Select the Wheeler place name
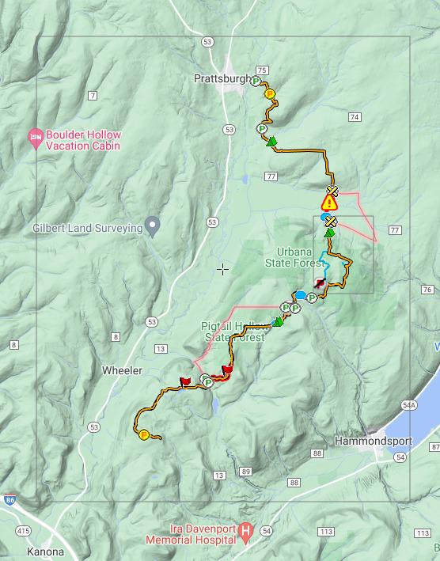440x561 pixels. [122, 370]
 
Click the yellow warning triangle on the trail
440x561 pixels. [330, 202]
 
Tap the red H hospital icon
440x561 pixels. [246, 529]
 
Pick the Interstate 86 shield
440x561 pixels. [9, 500]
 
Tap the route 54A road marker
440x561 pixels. [408, 404]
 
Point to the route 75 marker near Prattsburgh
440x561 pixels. [262, 70]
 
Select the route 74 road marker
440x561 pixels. [354, 117]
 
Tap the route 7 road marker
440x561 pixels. [93, 97]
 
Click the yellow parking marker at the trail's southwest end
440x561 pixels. [144, 434]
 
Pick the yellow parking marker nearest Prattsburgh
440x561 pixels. [269, 93]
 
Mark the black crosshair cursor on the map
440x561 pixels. [223, 269]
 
